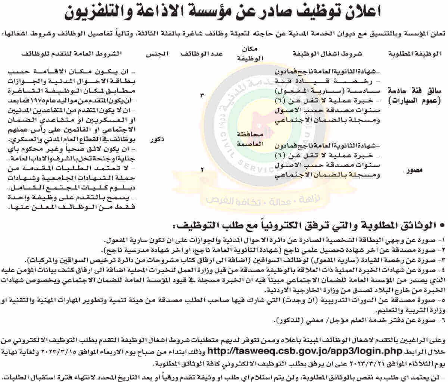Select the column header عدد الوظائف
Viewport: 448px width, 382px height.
click(x=202, y=53)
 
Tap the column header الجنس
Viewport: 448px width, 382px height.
click(x=157, y=53)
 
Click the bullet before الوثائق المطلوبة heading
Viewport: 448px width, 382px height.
click(x=442, y=226)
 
